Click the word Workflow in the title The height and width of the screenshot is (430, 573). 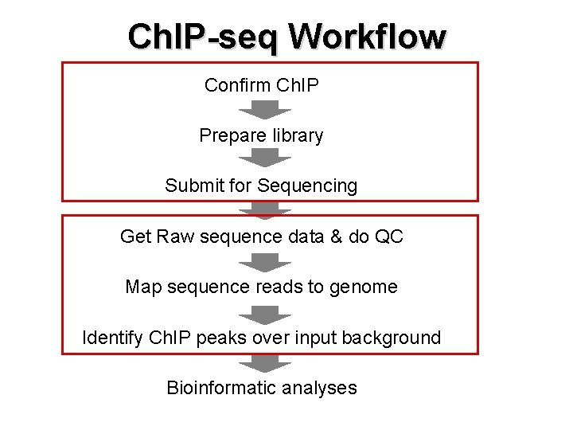pyautogui.click(x=367, y=37)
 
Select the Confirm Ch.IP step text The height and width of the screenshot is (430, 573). pyautogui.click(x=261, y=85)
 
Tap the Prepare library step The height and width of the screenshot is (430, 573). pyautogui.click(x=261, y=135)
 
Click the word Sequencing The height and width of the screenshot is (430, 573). pyautogui.click(x=307, y=186)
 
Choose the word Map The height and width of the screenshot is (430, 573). pyautogui.click(x=143, y=287)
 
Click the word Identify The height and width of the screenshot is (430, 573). pyautogui.click(x=112, y=338)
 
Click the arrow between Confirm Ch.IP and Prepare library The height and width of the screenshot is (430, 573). pyautogui.click(x=261, y=110)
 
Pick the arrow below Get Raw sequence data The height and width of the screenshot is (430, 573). pyautogui.click(x=261, y=262)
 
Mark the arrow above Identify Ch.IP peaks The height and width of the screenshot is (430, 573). pyautogui.click(x=261, y=312)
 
